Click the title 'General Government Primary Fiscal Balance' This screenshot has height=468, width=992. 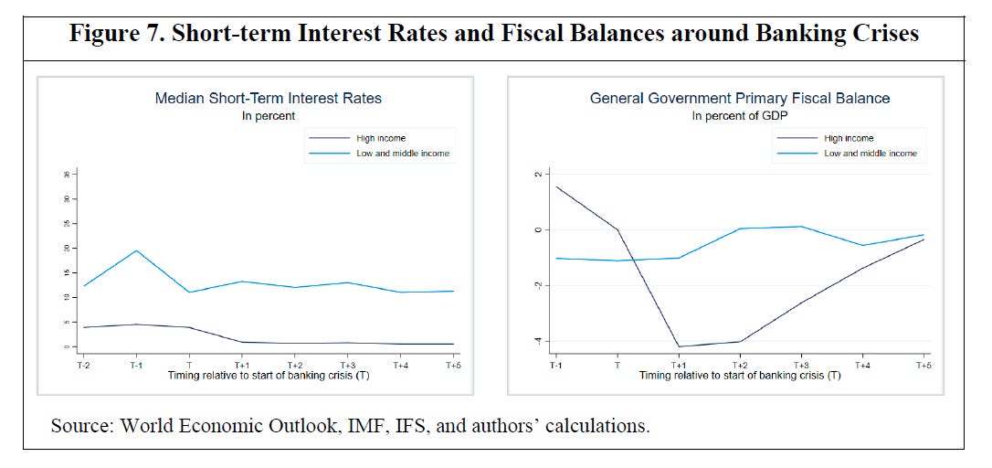740,99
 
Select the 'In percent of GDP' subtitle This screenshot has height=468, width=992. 740,116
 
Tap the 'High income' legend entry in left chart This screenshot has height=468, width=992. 380,138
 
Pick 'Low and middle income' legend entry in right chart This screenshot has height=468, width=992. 870,154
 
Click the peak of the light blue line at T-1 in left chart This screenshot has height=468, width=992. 135,250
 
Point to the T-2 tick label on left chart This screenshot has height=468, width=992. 82,365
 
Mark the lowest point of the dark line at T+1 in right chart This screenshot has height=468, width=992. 678,346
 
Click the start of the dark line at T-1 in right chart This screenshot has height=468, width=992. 555,186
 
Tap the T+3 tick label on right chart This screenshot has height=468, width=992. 800,365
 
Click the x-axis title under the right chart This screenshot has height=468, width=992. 740,376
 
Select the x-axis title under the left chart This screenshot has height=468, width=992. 268,376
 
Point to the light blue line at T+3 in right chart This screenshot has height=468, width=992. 800,227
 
